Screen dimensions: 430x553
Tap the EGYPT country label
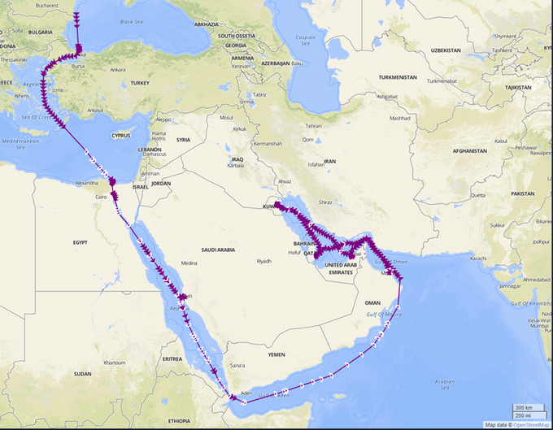pyautogui.click(x=80, y=242)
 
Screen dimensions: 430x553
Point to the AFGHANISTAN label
pyautogui.click(x=471, y=150)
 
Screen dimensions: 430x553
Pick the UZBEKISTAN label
pyautogui.click(x=446, y=50)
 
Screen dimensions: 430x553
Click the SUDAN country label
pyautogui.click(x=82, y=374)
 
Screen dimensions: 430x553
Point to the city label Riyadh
pyautogui.click(x=264, y=261)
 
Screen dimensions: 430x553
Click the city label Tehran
pyautogui.click(x=314, y=126)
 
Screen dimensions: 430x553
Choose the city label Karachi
pyautogui.click(x=477, y=258)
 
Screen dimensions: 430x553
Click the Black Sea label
pyautogui.click(x=130, y=22)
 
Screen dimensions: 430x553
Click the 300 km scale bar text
pyautogui.click(x=524, y=407)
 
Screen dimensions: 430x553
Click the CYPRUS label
pyautogui.click(x=121, y=134)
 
